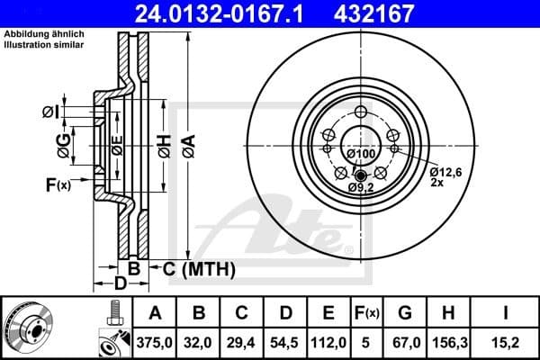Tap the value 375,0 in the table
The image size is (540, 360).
(155, 341)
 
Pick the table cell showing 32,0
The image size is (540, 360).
(201, 341)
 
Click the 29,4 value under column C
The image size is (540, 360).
(242, 341)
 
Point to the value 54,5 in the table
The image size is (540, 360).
(285, 341)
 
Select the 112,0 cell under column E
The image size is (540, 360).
(328, 341)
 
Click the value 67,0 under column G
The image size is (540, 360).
(405, 341)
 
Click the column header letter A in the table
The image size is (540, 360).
(155, 313)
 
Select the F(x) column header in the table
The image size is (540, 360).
(367, 313)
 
